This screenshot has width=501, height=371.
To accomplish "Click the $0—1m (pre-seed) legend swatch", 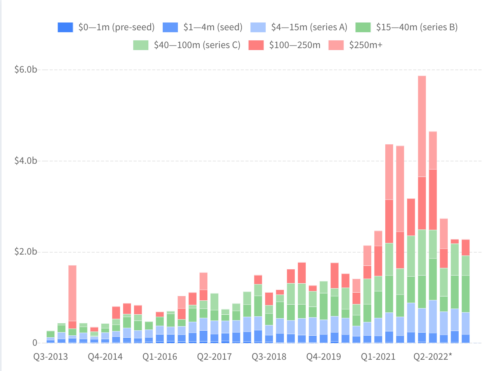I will point(65,27).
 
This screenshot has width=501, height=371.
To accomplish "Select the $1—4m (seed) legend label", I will point(213,27).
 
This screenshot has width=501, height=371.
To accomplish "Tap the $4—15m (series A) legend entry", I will point(309,27).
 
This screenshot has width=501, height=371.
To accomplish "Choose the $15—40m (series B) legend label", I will point(417,27).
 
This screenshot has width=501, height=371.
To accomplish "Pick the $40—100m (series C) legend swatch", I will point(141,45).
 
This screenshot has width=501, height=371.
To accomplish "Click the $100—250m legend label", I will point(295,45).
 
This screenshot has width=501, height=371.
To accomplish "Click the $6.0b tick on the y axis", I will point(26,70).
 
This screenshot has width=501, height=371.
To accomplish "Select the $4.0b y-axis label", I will point(26,161).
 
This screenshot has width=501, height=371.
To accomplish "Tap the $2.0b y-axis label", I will point(26,252).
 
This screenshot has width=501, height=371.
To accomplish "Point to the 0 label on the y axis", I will point(35,343).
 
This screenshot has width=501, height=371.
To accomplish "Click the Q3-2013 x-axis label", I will point(50,357).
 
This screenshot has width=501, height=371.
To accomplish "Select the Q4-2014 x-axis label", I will point(105,357).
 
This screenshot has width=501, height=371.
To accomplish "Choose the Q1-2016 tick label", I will point(160,357).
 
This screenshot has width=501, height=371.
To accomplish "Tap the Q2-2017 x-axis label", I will point(214,357).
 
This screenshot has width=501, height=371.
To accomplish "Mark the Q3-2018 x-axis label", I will point(269,357).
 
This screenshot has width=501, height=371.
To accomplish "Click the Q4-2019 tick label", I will point(324,357).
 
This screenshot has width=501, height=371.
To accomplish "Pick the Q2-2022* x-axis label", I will point(433,357).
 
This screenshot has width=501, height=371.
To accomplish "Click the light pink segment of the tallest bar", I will point(422,126).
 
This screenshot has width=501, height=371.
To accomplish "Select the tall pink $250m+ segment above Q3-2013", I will point(72,293).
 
